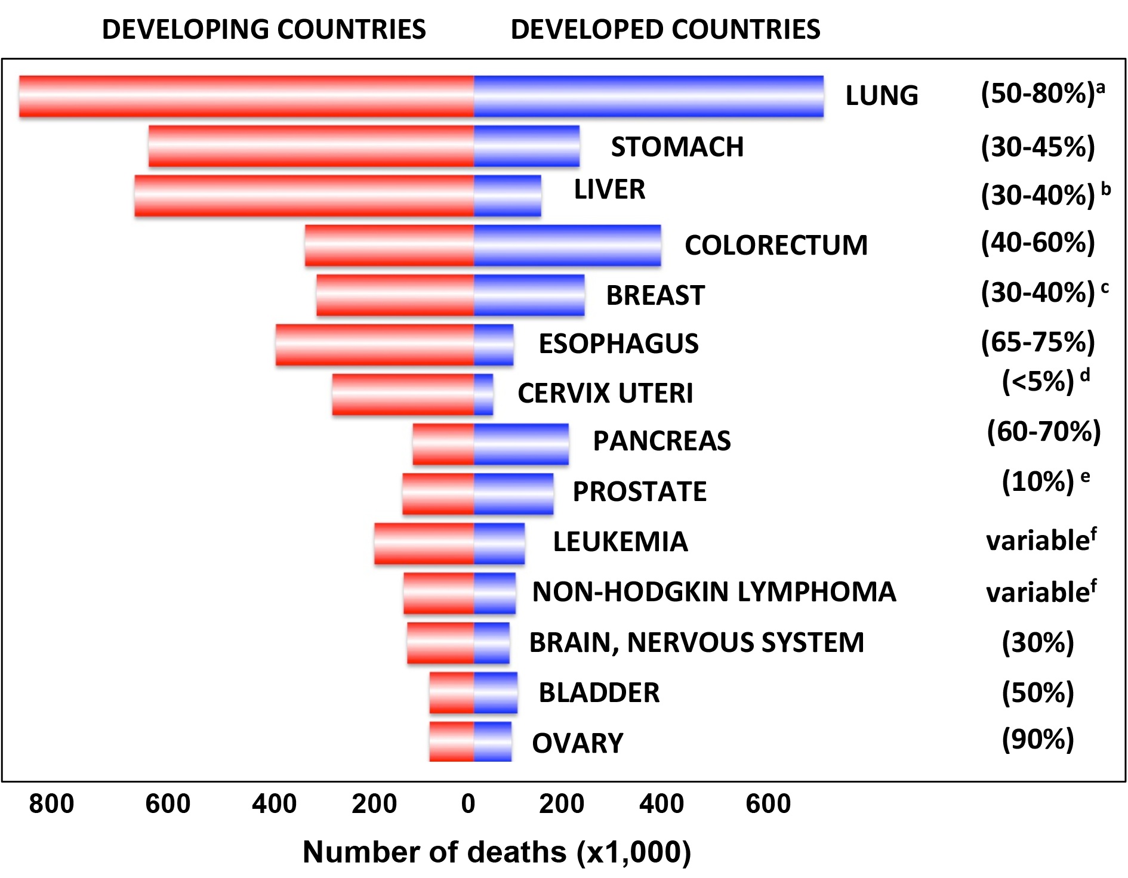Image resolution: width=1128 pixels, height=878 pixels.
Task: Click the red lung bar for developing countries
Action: (246, 96)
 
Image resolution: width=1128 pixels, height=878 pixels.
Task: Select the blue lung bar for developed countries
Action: (649, 96)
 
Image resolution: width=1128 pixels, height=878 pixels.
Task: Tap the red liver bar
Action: (304, 196)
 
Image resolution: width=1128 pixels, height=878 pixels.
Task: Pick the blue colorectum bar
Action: (568, 245)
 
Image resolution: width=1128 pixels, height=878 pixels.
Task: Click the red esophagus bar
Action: (374, 345)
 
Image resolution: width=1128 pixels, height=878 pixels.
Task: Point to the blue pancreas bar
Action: (521, 444)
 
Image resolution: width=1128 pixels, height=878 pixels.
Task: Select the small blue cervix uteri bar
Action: (483, 394)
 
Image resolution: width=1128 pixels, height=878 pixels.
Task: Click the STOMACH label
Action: (677, 147)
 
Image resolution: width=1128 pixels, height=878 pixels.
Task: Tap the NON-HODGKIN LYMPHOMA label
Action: (714, 592)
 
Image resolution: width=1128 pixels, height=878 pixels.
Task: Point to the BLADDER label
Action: (599, 692)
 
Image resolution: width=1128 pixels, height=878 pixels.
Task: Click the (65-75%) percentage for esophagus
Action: (1038, 342)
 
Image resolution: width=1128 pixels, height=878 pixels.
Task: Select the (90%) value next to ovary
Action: (1038, 739)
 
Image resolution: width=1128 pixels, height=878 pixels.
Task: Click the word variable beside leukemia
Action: (1038, 541)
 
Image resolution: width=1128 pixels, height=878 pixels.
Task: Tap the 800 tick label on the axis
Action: (51, 803)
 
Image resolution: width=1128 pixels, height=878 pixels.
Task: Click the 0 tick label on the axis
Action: (469, 803)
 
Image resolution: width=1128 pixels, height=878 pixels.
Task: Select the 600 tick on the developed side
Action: (768, 803)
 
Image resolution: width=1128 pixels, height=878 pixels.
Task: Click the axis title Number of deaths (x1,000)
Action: (497, 852)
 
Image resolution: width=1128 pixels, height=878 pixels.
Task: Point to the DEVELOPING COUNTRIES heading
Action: (264, 29)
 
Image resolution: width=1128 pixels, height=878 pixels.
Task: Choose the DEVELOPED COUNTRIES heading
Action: (665, 29)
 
